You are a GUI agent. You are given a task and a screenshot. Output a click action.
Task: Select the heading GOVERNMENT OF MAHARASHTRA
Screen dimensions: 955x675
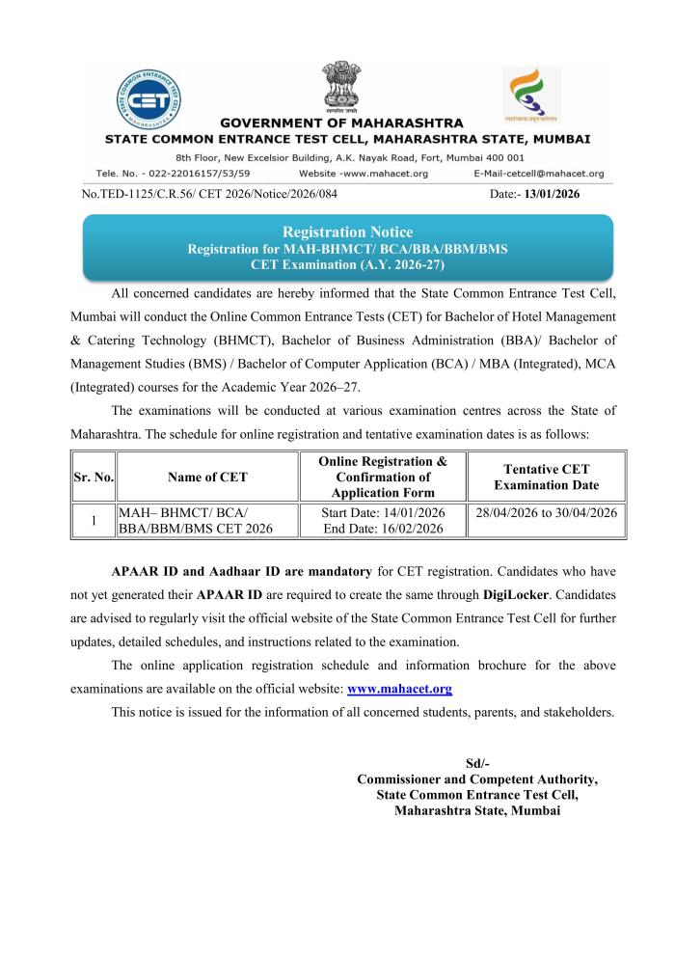click(x=341, y=123)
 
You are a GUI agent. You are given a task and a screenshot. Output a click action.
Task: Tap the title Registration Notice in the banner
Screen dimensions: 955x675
click(x=346, y=232)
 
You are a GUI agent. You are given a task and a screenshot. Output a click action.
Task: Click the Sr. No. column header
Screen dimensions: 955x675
click(x=94, y=477)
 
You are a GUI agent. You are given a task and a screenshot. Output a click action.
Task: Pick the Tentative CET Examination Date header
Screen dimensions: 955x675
click(x=545, y=477)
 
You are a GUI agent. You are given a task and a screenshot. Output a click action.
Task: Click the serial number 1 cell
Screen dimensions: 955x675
click(x=94, y=520)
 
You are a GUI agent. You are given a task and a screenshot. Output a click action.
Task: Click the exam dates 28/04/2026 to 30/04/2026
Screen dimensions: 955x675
click(x=545, y=511)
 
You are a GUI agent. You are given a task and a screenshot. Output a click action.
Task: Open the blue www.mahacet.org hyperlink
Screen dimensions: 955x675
click(x=399, y=689)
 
